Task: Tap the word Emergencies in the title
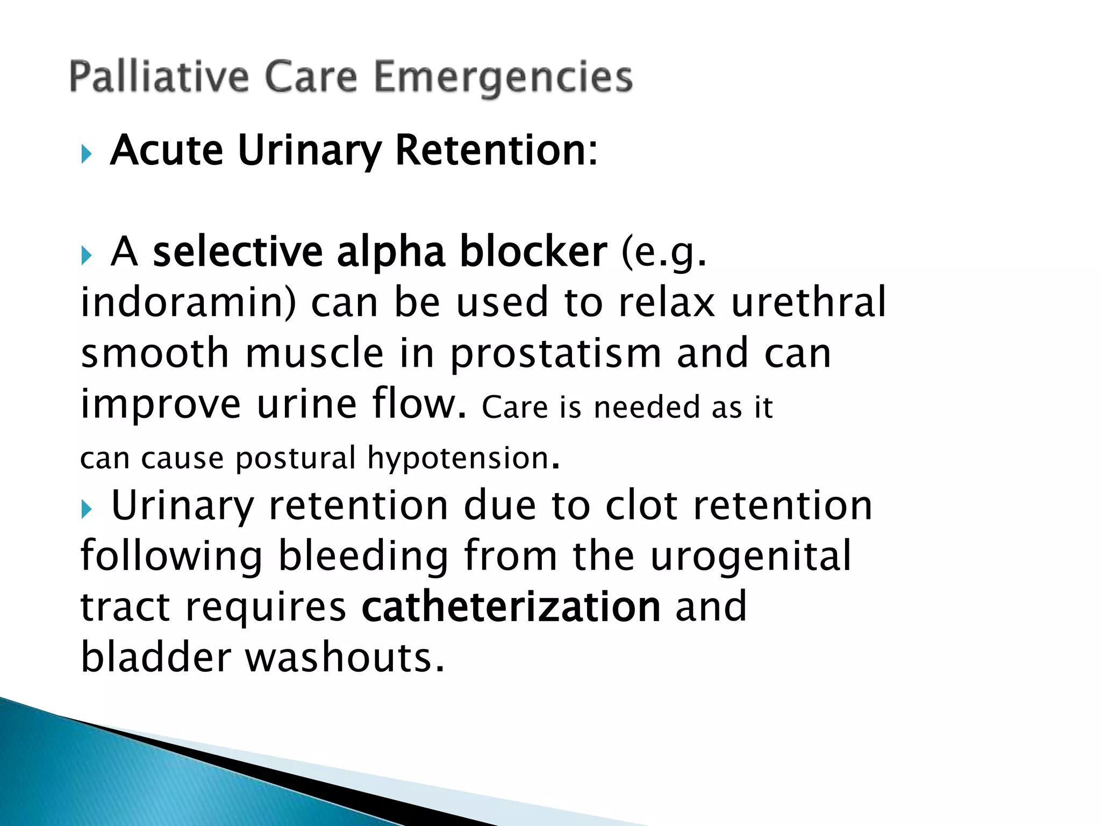coord(503,78)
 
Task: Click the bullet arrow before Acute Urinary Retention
coord(87,154)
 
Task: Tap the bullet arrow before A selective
coord(87,255)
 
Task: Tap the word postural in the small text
coord(296,458)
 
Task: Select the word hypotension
coord(458,458)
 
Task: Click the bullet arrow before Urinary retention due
coord(87,509)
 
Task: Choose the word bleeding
coord(363,556)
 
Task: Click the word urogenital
coord(751,556)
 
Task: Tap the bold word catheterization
coord(511,607)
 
